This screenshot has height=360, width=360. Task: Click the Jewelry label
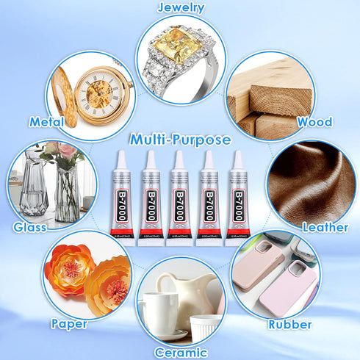point(180,8)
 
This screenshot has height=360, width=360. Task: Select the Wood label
point(314,122)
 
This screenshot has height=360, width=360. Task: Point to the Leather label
point(324,228)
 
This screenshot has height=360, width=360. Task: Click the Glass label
point(30,227)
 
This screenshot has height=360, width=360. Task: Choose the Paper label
point(69,323)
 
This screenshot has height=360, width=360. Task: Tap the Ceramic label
point(180,352)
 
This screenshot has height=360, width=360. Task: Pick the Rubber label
point(290,324)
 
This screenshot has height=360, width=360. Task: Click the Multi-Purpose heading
point(180,140)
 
